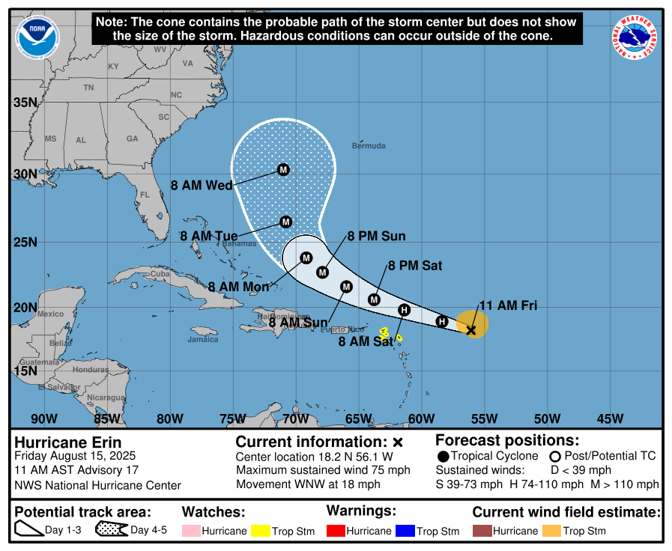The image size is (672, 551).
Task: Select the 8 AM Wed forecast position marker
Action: point(283,170)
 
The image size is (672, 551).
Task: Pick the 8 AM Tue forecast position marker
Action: point(285,222)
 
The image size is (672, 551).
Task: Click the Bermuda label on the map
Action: point(369,145)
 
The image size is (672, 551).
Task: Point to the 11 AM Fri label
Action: point(508,305)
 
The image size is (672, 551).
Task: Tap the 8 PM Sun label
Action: point(376,237)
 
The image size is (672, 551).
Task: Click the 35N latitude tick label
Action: point(25,103)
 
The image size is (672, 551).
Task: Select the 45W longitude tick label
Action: point(610,418)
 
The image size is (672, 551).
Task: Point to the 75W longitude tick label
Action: point(232,418)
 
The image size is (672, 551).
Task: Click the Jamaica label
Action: point(203,339)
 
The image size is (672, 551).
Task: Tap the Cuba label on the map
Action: point(160,274)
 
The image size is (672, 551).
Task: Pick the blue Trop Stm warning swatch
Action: point(405,531)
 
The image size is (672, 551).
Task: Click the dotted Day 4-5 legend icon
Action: point(111,530)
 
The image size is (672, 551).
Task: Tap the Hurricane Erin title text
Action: point(68,442)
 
